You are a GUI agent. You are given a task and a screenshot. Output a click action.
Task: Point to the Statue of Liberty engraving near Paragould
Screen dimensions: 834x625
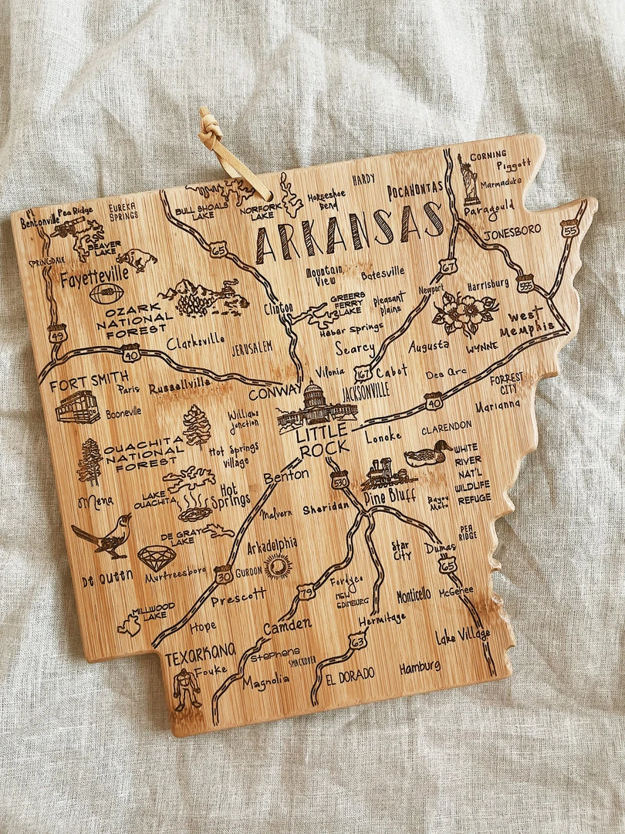pyautogui.click(x=469, y=179)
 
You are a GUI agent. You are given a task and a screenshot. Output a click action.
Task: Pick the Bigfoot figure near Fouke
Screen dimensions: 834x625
pyautogui.click(x=186, y=689)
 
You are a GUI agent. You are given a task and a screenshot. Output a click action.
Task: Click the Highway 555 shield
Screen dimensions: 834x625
pyautogui.click(x=525, y=284)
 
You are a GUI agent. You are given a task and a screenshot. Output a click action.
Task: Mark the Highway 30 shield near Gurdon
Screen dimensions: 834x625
pyautogui.click(x=223, y=575)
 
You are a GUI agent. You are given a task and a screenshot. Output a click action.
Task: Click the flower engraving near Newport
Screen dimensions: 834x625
pyautogui.click(x=461, y=313)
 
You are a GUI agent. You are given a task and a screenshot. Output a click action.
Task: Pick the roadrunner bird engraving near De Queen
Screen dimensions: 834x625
pyautogui.click(x=103, y=536)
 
